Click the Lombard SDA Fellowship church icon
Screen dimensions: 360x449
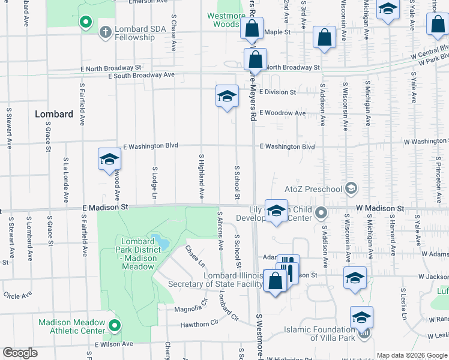[105, 31]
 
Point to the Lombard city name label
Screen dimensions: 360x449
[53, 114]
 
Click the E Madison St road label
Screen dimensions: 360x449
[106, 207]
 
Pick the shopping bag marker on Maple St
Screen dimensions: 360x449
[252, 28]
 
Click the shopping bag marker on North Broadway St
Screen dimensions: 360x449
[255, 59]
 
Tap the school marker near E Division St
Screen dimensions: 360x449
[227, 96]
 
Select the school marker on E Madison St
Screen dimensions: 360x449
[276, 211]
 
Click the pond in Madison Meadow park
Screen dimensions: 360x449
[158, 241]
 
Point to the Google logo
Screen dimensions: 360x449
[20, 353]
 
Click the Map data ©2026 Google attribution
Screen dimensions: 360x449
[411, 355]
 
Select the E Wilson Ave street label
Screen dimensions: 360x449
[114, 344]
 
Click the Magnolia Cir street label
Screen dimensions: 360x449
[187, 308]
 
